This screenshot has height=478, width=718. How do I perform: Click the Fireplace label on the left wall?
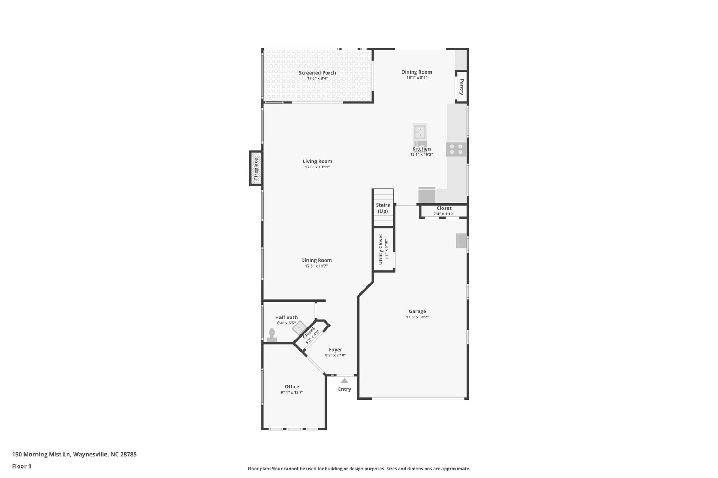click(x=256, y=168)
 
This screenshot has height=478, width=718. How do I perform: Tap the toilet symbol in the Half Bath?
click(x=272, y=335)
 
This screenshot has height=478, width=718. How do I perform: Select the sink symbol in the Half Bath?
click(x=299, y=328)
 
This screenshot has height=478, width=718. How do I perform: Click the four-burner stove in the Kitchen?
click(x=456, y=149)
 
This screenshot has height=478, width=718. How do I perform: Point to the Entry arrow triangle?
click(x=345, y=381)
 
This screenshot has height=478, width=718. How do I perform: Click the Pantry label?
click(x=462, y=87)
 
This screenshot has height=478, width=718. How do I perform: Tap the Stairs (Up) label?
click(x=383, y=208)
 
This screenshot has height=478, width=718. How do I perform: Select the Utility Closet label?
click(x=381, y=249)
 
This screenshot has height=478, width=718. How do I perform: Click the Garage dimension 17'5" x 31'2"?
click(x=417, y=317)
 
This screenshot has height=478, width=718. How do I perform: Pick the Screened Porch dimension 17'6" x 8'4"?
click(x=317, y=78)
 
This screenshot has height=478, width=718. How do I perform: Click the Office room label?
click(x=292, y=387)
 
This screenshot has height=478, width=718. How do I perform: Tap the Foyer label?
click(x=335, y=349)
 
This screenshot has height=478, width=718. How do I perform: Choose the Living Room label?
click(x=317, y=161)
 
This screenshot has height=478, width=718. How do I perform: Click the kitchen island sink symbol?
click(x=420, y=132)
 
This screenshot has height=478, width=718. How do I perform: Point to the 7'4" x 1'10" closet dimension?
click(x=444, y=214)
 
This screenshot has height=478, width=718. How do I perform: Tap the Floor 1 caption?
click(x=21, y=466)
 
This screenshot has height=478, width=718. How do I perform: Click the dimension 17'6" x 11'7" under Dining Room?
click(x=316, y=266)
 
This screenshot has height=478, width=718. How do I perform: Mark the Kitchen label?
click(x=421, y=149)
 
